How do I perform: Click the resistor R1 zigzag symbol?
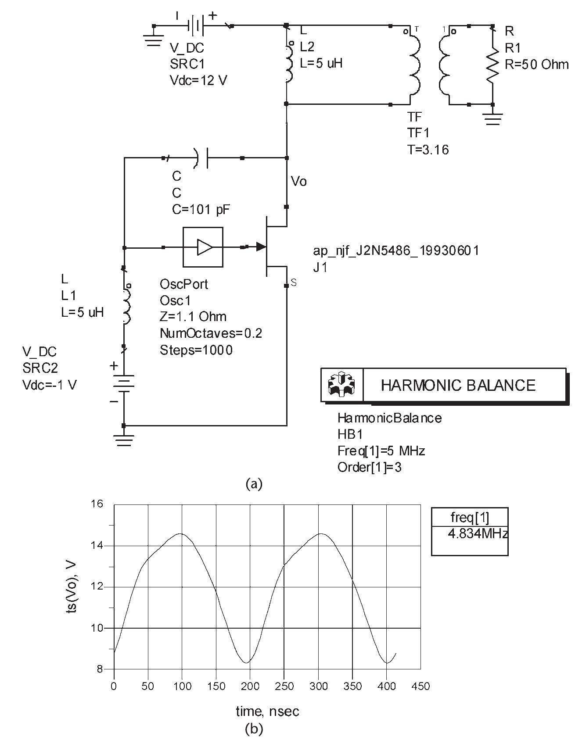[x=493, y=64]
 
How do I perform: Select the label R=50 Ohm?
[x=536, y=64]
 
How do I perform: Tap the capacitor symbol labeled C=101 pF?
[x=201, y=158]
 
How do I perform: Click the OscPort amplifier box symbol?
[x=203, y=247]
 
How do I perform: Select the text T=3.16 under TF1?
[x=428, y=150]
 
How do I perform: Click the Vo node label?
[x=299, y=181]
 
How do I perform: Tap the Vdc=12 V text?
[x=198, y=81]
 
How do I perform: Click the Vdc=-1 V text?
[x=50, y=385]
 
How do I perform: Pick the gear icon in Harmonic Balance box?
[x=342, y=385]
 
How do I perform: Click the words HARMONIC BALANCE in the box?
[x=458, y=385]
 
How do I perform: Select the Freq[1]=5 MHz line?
[x=381, y=451]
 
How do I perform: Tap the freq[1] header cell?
[x=470, y=518]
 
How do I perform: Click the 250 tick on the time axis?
[x=284, y=686]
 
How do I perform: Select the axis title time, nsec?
[x=267, y=711]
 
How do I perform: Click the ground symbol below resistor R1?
[x=493, y=118]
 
